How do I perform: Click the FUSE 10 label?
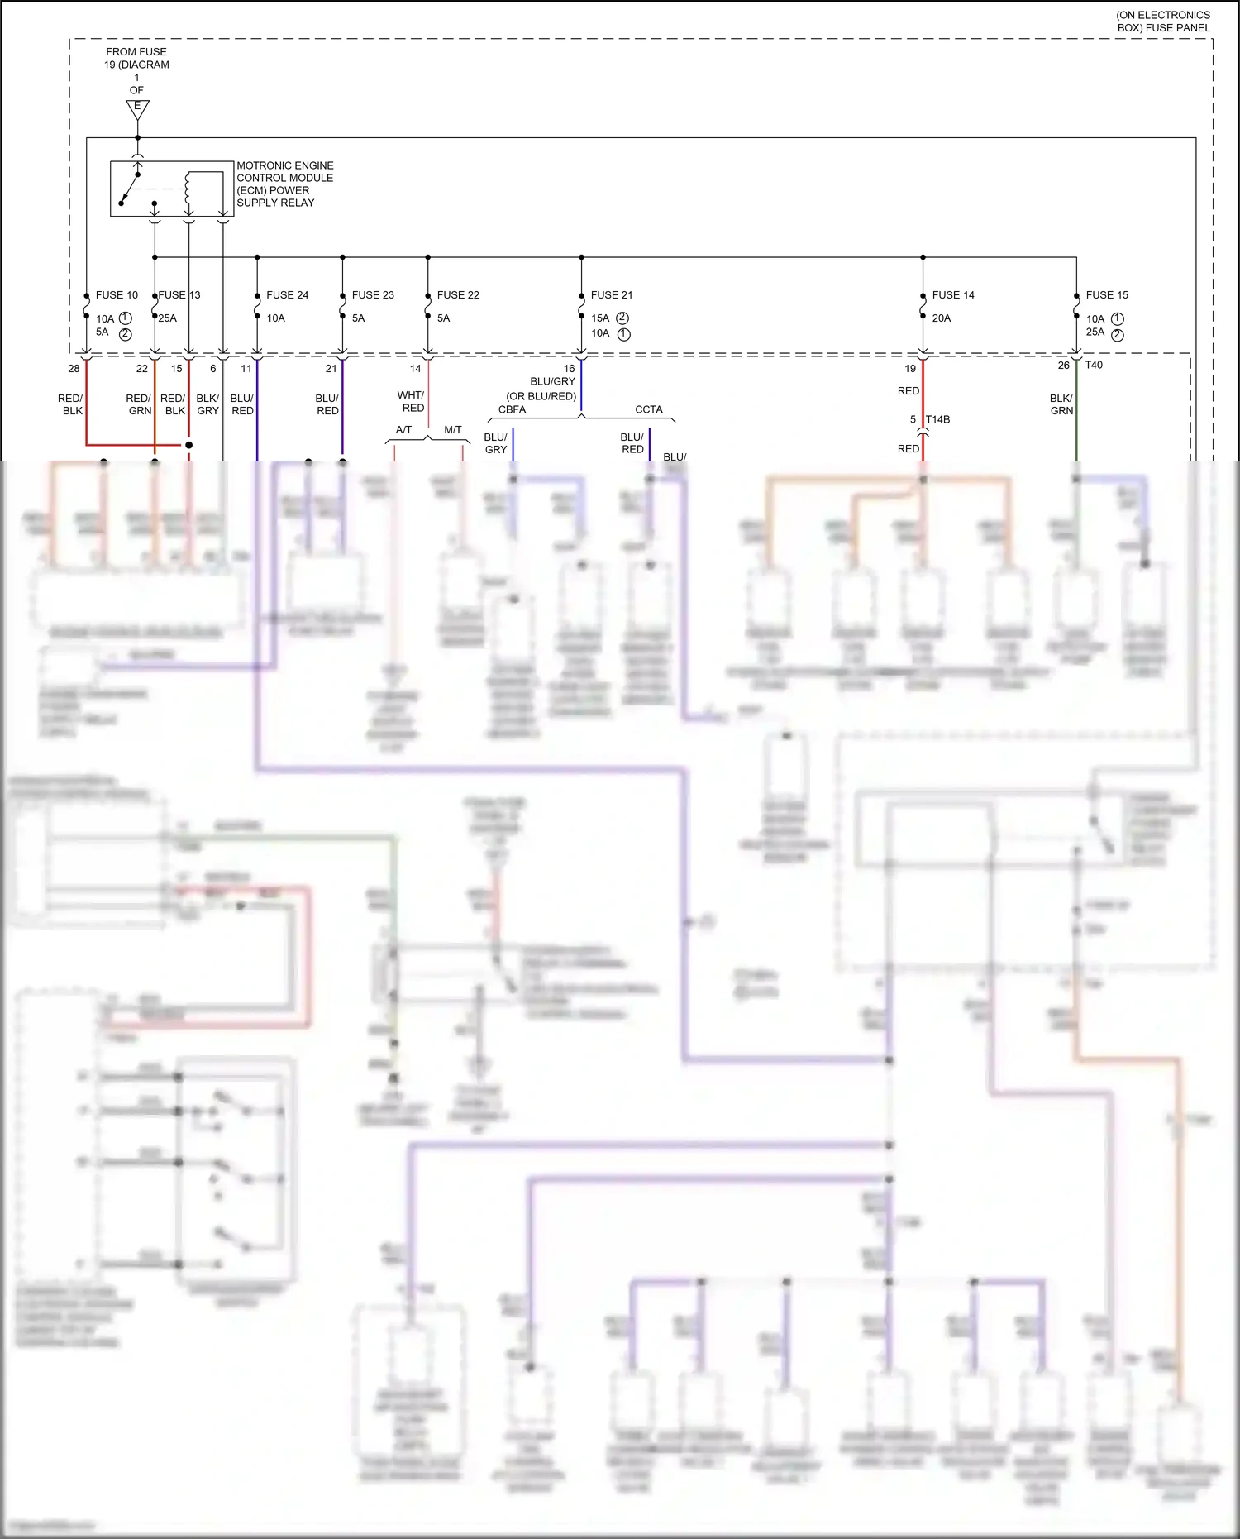coord(117,295)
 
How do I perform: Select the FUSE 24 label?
coord(287,295)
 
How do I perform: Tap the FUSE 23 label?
coord(373,295)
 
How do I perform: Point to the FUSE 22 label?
coord(458,295)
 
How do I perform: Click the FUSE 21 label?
coord(612,295)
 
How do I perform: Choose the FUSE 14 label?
coord(953,295)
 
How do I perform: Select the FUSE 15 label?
coord(1107,295)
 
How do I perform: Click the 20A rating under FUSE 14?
coord(942,318)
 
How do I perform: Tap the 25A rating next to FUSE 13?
coord(168,318)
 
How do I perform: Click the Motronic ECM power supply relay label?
coord(284,184)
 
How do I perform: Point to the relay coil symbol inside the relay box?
coord(188,189)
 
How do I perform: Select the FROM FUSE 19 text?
coord(136,58)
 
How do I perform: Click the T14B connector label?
coord(937,420)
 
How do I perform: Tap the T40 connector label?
coord(1094,365)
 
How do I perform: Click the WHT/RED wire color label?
coord(412,402)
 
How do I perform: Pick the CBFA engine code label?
coord(512,410)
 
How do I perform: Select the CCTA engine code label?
coord(649,410)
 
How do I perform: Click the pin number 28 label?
coord(74,369)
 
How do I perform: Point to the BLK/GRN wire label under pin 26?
coord(1061,404)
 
